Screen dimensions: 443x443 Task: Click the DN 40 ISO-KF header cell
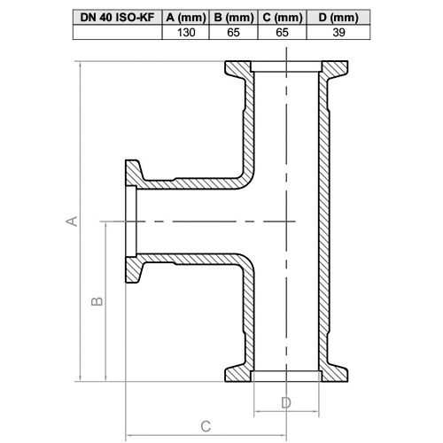pyautogui.click(x=118, y=17)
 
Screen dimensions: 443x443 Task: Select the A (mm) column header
pyautogui.click(x=186, y=17)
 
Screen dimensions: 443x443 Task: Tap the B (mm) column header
pyautogui.click(x=234, y=17)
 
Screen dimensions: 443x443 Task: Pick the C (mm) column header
pyautogui.click(x=283, y=17)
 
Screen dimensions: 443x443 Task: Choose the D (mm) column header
pyautogui.click(x=338, y=17)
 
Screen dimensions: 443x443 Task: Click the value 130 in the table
pyautogui.click(x=186, y=33)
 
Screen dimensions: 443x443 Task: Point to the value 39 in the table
pyautogui.click(x=338, y=33)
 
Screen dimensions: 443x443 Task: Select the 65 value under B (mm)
pyautogui.click(x=233, y=33)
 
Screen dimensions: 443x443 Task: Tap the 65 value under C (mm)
pyautogui.click(x=282, y=33)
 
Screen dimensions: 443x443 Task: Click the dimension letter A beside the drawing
pyautogui.click(x=72, y=221)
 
